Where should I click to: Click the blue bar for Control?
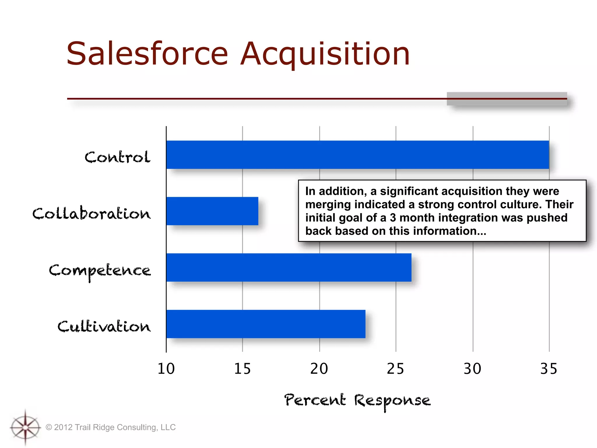point(357,155)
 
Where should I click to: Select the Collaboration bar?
point(212,211)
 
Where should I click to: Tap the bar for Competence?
point(289,267)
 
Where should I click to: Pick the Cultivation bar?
point(266,324)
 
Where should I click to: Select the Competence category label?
point(100,271)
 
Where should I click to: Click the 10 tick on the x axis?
point(166,369)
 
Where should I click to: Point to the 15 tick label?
point(242,369)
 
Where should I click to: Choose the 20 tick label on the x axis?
point(319,369)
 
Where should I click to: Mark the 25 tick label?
point(395,369)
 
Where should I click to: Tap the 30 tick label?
point(472,369)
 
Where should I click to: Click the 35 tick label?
point(549,369)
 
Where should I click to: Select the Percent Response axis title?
point(357,400)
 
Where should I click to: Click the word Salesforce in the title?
point(147,54)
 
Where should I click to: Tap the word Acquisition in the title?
point(326,54)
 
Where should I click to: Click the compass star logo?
point(25,428)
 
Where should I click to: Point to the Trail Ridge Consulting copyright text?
point(111,427)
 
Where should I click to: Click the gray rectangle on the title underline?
point(507,99)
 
